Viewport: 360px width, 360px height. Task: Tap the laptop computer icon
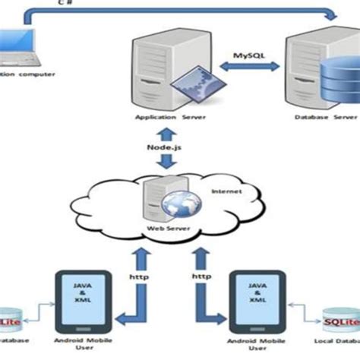pyautogui.click(x=17, y=48)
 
